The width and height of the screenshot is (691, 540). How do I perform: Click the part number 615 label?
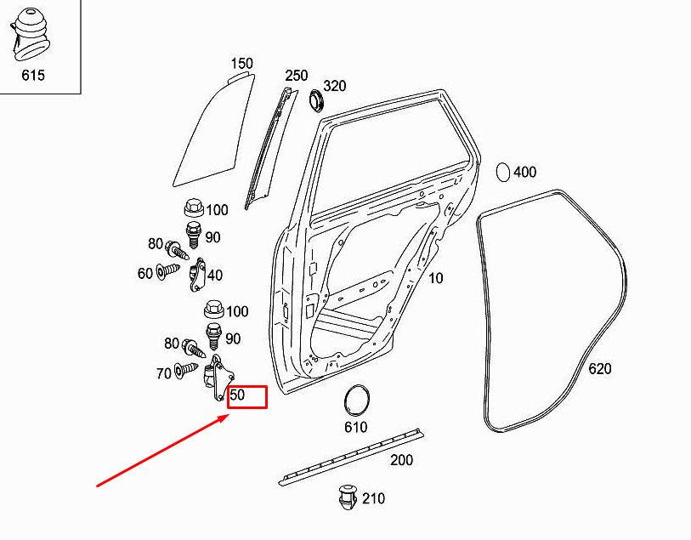(33, 75)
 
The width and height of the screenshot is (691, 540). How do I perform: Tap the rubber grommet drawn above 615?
(30, 33)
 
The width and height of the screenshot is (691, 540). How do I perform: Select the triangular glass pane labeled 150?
(213, 130)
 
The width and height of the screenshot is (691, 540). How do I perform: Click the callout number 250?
(296, 76)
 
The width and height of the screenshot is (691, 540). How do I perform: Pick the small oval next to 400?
(503, 172)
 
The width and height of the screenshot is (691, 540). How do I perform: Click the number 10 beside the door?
(435, 278)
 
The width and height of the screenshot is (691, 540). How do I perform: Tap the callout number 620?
(600, 368)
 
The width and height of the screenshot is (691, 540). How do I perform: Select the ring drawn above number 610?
(356, 401)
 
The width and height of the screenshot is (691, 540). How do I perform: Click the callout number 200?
(401, 460)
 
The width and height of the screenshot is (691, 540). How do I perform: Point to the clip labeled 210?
(348, 497)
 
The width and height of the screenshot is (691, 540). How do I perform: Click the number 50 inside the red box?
(237, 395)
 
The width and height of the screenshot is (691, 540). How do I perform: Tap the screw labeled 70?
(186, 369)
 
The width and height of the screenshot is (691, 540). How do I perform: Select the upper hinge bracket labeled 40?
(198, 275)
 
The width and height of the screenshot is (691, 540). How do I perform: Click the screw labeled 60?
(168, 270)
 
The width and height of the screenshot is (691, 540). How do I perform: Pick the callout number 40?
(215, 275)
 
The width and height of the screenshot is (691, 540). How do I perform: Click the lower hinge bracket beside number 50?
(218, 378)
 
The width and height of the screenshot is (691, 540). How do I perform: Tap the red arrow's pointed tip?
(229, 414)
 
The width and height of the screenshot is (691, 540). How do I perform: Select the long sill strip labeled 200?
(351, 457)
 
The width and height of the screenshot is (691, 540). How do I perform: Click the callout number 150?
(242, 64)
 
